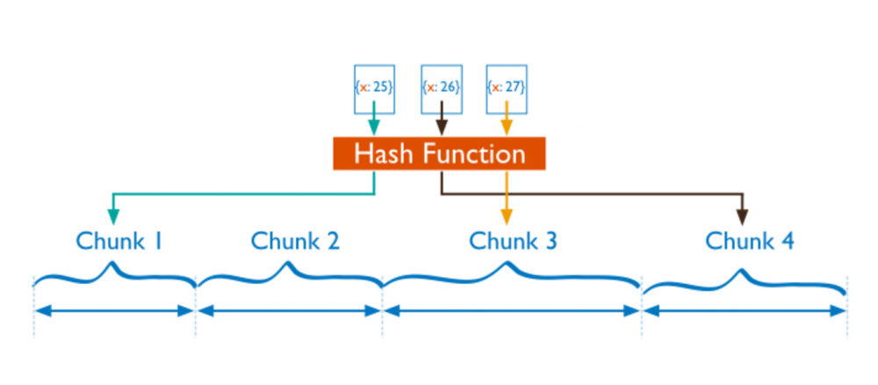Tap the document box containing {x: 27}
[507, 88]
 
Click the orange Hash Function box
[439, 154]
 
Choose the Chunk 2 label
[295, 240]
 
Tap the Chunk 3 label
[513, 240]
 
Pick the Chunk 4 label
[750, 240]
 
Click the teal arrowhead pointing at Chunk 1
[112, 215]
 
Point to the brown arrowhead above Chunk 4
[744, 215]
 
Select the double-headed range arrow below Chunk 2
[290, 310]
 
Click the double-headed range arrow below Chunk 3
[512, 310]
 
